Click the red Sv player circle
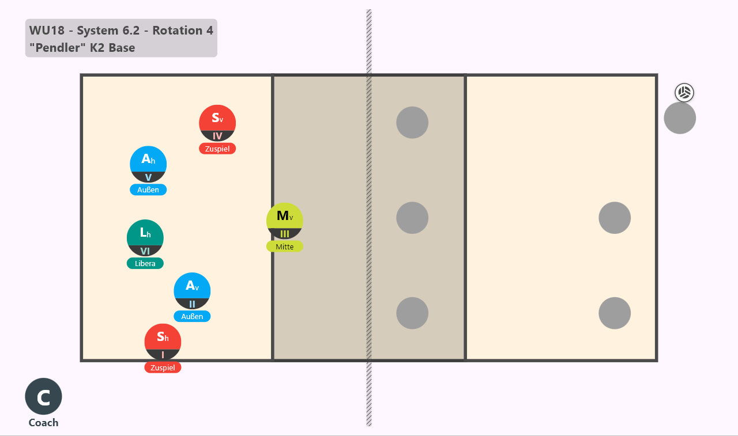point(217,123)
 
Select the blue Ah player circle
point(148,164)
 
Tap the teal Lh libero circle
point(145,238)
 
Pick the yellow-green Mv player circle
point(285,221)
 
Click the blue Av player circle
point(192,291)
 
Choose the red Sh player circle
point(163,342)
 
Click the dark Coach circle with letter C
point(43,396)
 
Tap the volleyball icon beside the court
point(684,93)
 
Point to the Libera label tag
point(145,263)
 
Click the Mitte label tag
point(285,247)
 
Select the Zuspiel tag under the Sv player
point(217,149)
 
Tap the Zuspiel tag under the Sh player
point(163,367)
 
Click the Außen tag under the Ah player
point(148,189)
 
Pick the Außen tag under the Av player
point(192,316)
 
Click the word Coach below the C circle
point(43,423)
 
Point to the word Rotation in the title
point(178,31)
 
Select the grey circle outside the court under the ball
point(680,118)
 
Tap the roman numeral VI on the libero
point(145,251)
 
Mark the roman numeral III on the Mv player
point(285,234)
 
